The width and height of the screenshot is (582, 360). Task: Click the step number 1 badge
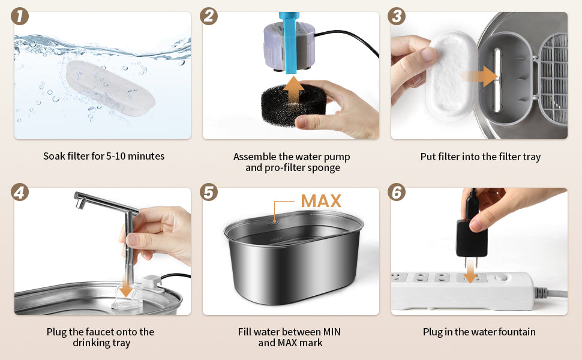(20, 17)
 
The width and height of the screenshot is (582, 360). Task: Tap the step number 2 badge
(209, 17)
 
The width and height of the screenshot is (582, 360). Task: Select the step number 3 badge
(397, 17)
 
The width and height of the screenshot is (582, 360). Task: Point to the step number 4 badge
(20, 192)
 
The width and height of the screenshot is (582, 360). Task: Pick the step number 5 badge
(209, 192)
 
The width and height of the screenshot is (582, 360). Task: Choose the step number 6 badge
(397, 192)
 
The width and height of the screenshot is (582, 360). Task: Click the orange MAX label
(321, 201)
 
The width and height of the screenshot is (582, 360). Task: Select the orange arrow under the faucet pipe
(126, 287)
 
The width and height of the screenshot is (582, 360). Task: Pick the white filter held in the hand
(451, 76)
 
